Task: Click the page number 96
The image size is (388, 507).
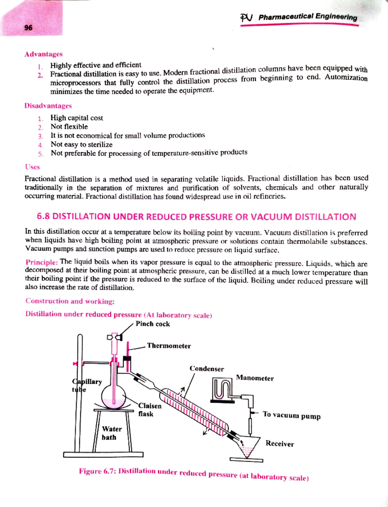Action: [x=28, y=28]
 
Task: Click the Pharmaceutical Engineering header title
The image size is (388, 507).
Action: [x=307, y=17]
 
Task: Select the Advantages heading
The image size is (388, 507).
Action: [x=43, y=54]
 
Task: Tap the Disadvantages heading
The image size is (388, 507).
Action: [x=48, y=106]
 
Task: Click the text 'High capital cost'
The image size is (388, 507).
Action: [x=77, y=118]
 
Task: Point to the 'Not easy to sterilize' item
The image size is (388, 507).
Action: [x=81, y=144]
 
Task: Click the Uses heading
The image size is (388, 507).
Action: [x=32, y=167]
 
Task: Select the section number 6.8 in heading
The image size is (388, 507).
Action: [x=43, y=216]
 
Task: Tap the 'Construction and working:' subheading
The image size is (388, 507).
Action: [x=70, y=301]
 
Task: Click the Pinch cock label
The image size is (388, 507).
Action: [x=153, y=324]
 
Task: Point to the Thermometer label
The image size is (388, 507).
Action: [x=169, y=346]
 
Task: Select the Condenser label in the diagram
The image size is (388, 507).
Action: [x=207, y=369]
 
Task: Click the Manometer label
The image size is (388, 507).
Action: [x=255, y=378]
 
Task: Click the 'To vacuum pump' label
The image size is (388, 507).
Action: [x=291, y=415]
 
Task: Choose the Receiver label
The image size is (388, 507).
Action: [x=280, y=444]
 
